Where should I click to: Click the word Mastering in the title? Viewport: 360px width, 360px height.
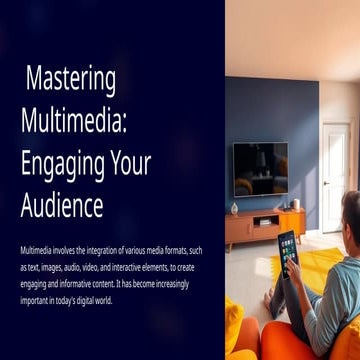click(70, 79)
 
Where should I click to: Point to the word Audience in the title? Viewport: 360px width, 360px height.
click(62, 206)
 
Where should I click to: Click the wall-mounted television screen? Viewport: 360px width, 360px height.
click(259, 168)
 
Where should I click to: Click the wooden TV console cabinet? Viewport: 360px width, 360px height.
click(262, 228)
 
